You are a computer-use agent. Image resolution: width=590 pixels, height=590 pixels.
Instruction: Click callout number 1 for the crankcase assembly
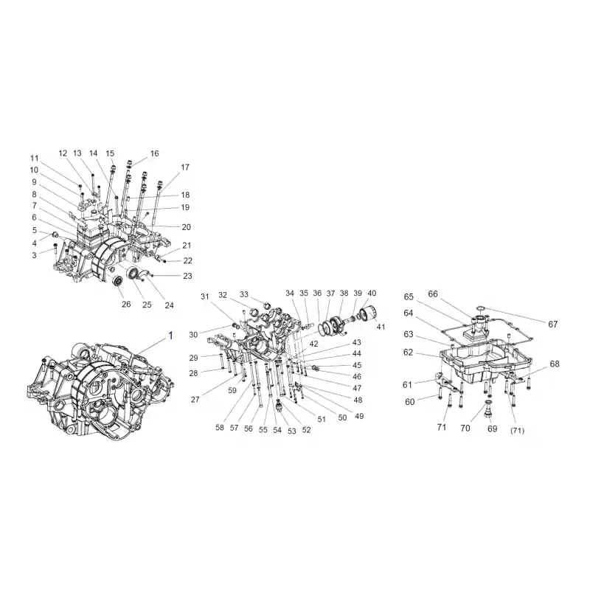[x=170, y=336]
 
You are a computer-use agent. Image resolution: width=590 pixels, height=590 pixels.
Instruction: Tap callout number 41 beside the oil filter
[x=381, y=327]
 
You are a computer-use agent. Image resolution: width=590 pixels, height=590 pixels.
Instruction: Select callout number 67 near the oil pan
[x=552, y=324]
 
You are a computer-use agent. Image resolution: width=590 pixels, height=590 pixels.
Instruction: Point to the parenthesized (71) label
[x=517, y=431]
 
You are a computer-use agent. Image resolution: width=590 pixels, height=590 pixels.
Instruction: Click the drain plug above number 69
[x=487, y=409]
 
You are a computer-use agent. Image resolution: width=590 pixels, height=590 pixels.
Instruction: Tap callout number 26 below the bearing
[x=126, y=304]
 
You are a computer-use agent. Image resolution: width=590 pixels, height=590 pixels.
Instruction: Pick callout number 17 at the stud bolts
[x=185, y=167]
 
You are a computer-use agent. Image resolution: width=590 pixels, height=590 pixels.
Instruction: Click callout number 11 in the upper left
[x=34, y=158]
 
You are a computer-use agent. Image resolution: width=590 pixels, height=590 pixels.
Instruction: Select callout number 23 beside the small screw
[x=187, y=276]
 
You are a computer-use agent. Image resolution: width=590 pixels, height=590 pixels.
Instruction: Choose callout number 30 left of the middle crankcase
[x=193, y=335]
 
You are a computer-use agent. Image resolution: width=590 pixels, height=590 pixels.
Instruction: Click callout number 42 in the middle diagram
[x=313, y=344]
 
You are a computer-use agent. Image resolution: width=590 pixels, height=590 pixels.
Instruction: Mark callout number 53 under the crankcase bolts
[x=292, y=431]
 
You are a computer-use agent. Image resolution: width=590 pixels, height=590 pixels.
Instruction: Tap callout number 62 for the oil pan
[x=409, y=353]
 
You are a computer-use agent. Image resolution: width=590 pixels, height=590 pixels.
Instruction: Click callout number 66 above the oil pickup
[x=433, y=294]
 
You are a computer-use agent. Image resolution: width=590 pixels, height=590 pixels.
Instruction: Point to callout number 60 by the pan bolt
[x=410, y=402]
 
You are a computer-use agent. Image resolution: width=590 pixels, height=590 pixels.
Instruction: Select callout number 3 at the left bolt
[x=34, y=255]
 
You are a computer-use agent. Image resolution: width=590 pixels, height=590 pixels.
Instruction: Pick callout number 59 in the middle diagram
[x=232, y=391]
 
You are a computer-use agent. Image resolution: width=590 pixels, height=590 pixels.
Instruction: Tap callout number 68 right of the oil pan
[x=555, y=364]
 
